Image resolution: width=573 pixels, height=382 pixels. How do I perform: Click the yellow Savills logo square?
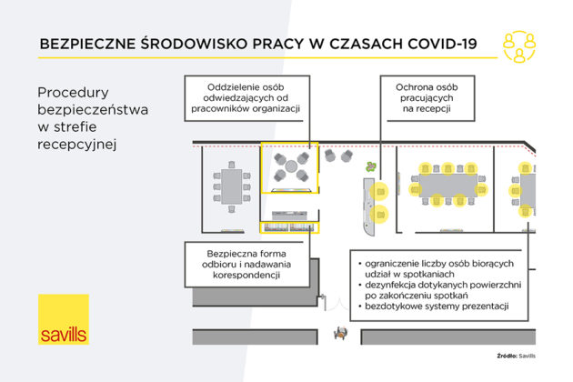(x=64, y=319)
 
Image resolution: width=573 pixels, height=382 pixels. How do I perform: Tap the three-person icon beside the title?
(x=519, y=45)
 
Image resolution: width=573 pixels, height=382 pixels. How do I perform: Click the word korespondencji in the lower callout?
(x=231, y=274)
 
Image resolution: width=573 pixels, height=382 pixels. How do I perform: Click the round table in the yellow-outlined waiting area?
(x=290, y=166)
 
